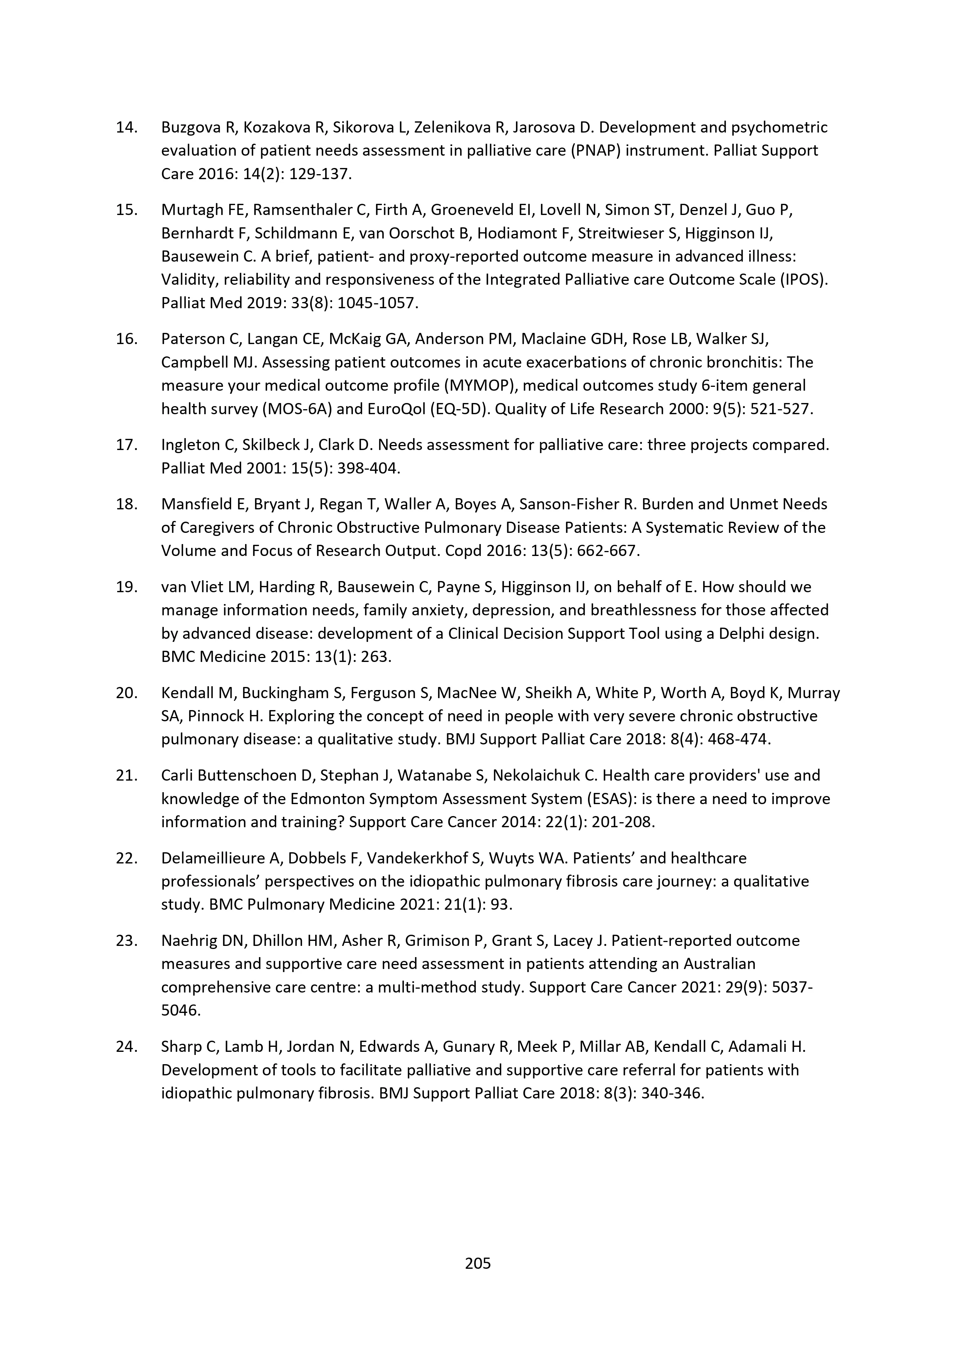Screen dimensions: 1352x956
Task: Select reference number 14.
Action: click(x=126, y=127)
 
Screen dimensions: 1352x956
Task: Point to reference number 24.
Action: click(x=126, y=1046)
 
